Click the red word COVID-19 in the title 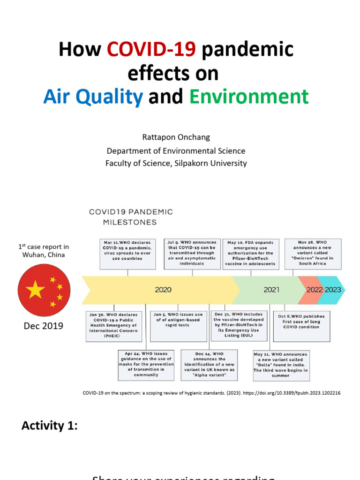151,49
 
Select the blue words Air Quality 93,97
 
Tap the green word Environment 249,97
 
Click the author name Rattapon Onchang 176,137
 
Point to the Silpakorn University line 176,163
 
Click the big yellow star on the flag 36,290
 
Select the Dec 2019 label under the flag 44,326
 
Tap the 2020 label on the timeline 163,290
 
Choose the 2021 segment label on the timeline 271,290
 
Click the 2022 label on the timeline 315,290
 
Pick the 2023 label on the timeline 333,290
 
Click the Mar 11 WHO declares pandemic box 127,254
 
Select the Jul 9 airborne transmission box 192,254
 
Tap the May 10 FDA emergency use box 251,254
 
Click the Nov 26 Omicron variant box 313,254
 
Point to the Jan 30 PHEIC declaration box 113,325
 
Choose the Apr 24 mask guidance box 146,365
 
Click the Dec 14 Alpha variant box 209,365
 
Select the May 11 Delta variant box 281,365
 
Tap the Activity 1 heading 49,426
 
